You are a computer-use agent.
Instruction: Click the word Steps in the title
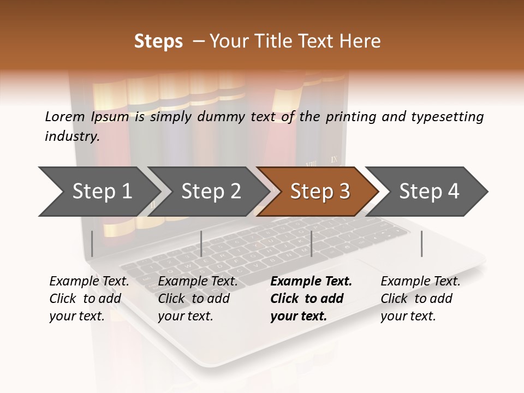tap(158, 41)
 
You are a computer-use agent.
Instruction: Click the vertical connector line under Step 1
tap(92, 243)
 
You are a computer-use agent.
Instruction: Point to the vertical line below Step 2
tap(201, 243)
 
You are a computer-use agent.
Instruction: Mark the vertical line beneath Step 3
tap(311, 243)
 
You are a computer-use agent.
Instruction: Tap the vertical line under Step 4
tap(422, 243)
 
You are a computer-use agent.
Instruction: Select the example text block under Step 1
tap(89, 298)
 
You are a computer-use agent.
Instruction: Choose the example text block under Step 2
tap(198, 298)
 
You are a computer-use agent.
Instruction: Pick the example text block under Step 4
tap(420, 298)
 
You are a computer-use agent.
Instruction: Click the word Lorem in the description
tap(65, 116)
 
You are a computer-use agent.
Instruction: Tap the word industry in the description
tap(72, 136)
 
